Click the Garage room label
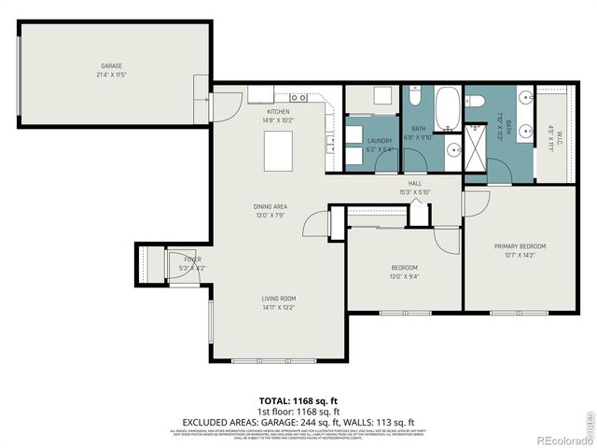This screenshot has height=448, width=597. click(112, 66)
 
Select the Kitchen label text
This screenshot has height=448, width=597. click(279, 112)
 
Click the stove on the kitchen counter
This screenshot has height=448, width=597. click(298, 97)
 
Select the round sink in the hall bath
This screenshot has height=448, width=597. click(453, 149)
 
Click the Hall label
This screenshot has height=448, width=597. click(415, 184)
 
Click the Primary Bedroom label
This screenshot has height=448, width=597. click(520, 245)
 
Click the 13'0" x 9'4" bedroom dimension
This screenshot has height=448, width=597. click(404, 275)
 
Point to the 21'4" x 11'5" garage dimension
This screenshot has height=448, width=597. click(112, 75)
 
